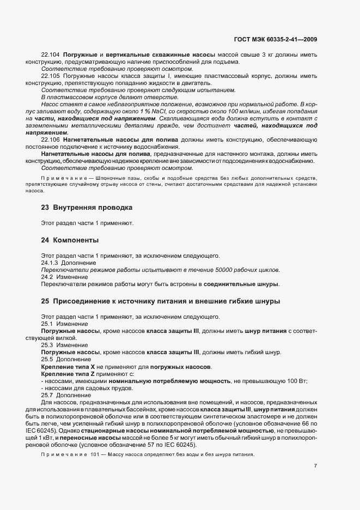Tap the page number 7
[x=315, y=466]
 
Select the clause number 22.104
[x=51, y=55]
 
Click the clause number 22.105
[x=51, y=76]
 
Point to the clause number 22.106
[x=51, y=140]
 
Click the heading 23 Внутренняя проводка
[x=86, y=208]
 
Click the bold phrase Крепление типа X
[x=67, y=366]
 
